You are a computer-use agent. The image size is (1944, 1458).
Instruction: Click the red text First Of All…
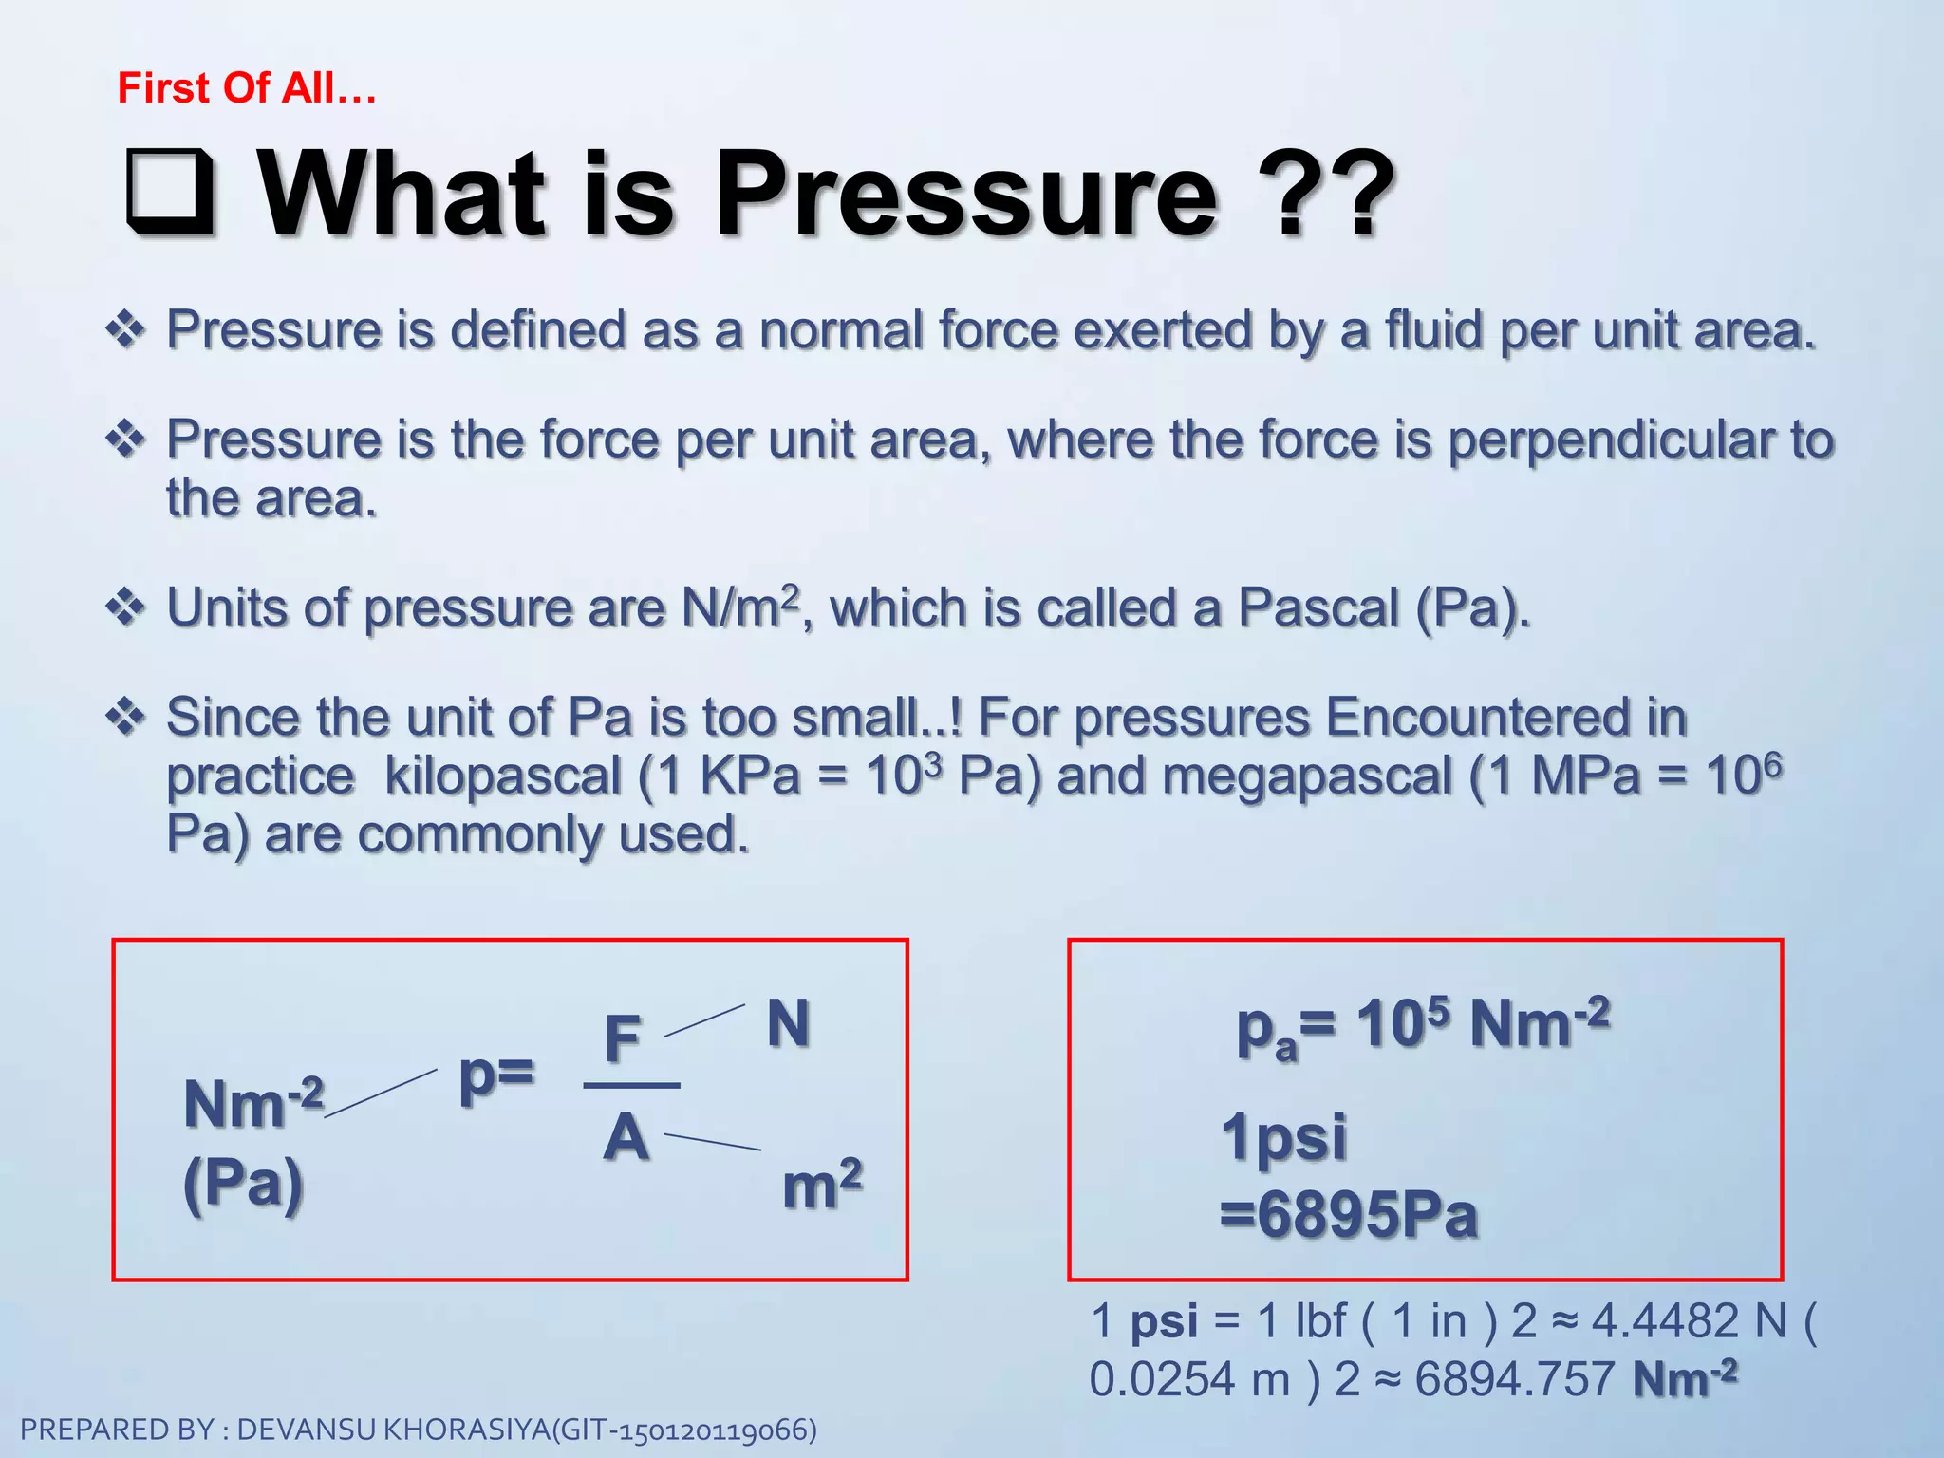pos(247,88)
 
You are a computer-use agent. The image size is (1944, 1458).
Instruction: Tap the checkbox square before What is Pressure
pos(171,193)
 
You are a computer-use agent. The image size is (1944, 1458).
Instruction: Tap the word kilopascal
pos(502,776)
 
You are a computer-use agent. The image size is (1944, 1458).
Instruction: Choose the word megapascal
pos(1306,776)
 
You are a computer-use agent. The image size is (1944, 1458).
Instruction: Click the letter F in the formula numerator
pos(623,1038)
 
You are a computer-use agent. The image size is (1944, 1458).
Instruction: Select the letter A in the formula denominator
pos(626,1137)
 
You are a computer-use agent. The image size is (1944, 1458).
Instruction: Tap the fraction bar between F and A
pos(631,1085)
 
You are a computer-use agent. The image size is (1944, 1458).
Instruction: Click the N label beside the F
pos(788,1023)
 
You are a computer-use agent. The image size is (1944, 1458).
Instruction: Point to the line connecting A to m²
pos(712,1142)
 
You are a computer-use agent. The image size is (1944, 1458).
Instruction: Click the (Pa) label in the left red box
pos(243,1184)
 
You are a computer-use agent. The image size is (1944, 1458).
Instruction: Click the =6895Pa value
pos(1348,1215)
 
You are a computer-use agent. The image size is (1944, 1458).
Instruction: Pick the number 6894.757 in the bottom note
pos(1514,1379)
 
